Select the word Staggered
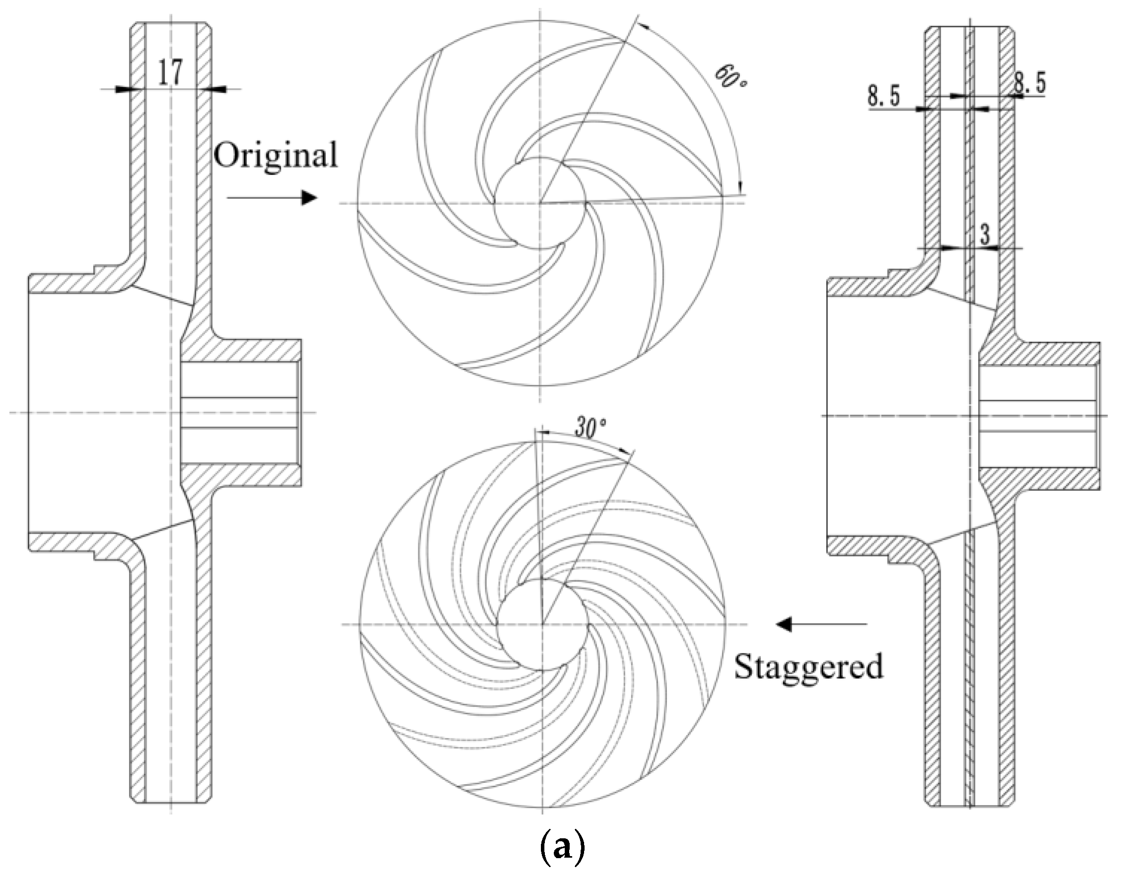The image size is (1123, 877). (808, 667)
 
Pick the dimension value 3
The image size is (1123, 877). (985, 235)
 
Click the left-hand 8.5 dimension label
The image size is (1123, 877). (884, 96)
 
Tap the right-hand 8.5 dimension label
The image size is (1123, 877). (1029, 84)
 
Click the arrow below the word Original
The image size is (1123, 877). (272, 197)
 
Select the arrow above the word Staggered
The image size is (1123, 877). (821, 624)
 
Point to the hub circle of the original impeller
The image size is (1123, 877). (540, 203)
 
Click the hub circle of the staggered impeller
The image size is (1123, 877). (542, 624)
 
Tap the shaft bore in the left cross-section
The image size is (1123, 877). (239, 412)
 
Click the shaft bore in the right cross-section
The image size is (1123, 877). (1039, 415)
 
